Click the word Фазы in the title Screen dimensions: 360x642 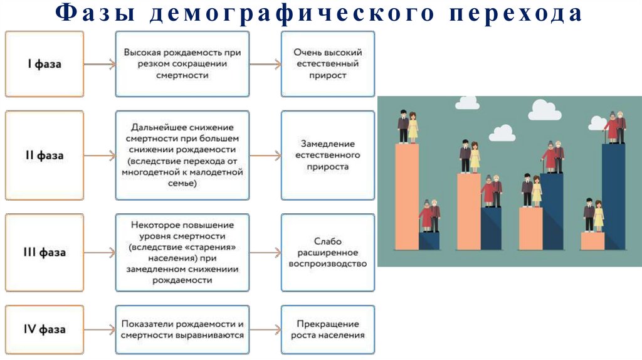coord(87,14)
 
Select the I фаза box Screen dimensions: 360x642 coord(45,64)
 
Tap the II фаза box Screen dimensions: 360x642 coord(45,155)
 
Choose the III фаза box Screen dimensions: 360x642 coord(45,253)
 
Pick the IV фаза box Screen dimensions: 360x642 coord(45,329)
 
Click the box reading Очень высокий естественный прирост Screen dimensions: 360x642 coord(327,64)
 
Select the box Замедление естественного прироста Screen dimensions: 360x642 coord(327,155)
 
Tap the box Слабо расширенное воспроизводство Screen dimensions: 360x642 coord(327,253)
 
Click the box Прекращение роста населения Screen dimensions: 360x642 coord(327,329)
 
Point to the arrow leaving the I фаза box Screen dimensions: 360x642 coord(99,64)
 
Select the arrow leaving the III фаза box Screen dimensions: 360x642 coord(99,253)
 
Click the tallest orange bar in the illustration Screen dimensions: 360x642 coord(407,194)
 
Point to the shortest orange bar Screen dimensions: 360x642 coord(592,240)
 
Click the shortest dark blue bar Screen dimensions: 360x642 coord(429,240)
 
